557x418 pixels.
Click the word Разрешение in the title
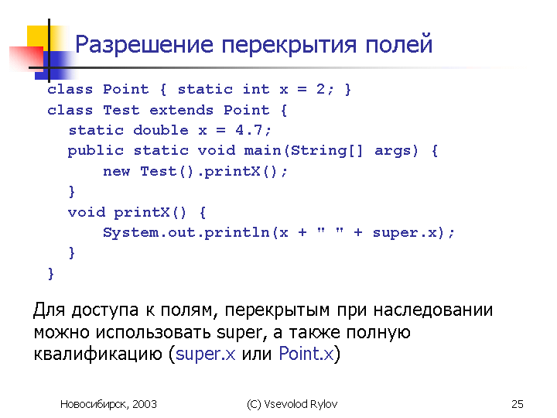[x=144, y=45]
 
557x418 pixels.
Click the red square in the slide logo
[x=26, y=58]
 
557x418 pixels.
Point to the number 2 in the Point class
[x=320, y=89]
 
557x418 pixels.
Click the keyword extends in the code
[x=182, y=110]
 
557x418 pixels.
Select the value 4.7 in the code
[x=248, y=130]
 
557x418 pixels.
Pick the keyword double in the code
[x=161, y=130]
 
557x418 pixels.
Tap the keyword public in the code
[x=96, y=151]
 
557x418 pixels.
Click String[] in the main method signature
[x=326, y=151]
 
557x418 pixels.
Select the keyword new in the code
[x=117, y=171]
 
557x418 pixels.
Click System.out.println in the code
[x=186, y=233]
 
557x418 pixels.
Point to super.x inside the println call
[x=405, y=233]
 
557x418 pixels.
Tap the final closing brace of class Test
[x=51, y=274]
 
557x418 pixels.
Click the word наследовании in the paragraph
[x=433, y=310]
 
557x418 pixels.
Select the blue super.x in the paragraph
[x=205, y=354]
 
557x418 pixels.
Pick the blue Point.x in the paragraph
[x=306, y=353]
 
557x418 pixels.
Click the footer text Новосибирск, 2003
[x=109, y=404]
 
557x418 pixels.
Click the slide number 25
[x=518, y=404]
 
